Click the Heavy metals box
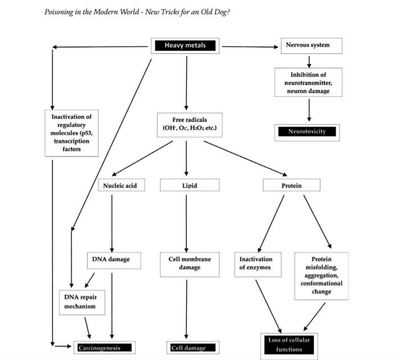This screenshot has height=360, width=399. click(x=185, y=46)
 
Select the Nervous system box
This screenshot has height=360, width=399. click(x=311, y=46)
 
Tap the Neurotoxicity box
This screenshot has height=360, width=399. click(x=307, y=132)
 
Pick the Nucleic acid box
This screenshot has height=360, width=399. click(x=120, y=185)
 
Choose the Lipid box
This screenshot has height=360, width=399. click(x=189, y=185)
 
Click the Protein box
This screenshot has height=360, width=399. click(x=291, y=185)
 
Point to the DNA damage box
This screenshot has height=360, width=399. click(x=111, y=259)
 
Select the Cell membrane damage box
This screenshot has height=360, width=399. click(x=189, y=263)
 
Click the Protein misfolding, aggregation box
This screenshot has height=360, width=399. click(x=321, y=275)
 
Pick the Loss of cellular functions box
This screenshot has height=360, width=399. click(x=289, y=345)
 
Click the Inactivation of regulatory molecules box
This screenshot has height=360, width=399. click(x=71, y=133)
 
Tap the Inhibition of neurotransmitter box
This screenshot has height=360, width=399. click(x=308, y=83)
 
